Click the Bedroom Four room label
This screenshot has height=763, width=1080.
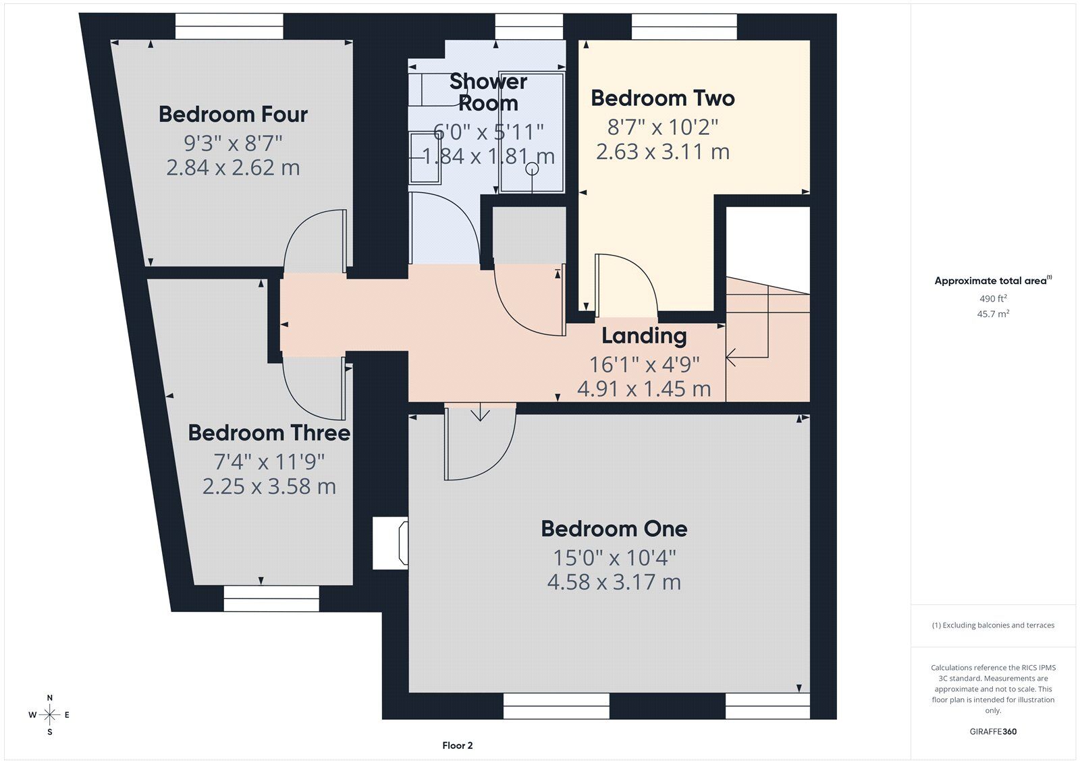233,114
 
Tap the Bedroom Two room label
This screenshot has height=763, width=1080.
662,98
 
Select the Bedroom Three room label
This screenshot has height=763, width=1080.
269,432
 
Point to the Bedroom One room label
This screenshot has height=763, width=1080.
614,529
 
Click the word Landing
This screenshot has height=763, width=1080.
644,335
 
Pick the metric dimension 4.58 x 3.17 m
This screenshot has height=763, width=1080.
614,582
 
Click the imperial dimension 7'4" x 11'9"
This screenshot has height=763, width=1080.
269,461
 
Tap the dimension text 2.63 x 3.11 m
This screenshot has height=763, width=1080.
662,151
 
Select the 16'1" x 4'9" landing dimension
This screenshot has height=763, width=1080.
644,364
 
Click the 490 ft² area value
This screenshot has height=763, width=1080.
993,298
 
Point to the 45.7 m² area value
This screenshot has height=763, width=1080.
993,314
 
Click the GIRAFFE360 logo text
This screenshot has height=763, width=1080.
993,731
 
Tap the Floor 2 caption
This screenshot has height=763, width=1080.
457,745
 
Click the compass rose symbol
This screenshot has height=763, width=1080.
50,714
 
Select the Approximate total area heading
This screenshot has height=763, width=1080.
993,281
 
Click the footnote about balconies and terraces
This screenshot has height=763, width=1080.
993,625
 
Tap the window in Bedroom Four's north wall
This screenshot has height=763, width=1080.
229,26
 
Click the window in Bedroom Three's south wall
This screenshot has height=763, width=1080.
271,598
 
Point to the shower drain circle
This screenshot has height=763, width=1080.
532,169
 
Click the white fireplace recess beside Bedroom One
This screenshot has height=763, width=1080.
390,542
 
